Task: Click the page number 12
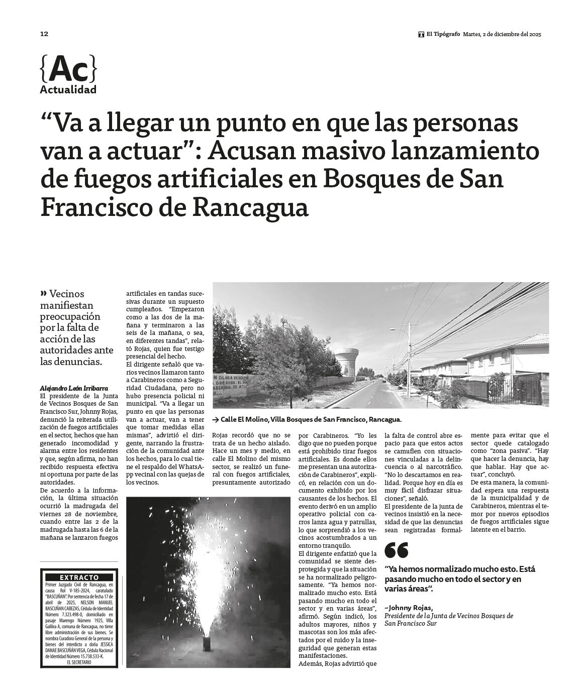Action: pos(44,34)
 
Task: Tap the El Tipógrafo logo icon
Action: pos(421,35)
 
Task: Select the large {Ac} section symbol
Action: pos(68,69)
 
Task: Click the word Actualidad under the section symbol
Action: pos(68,90)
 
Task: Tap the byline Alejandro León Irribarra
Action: pos(74,388)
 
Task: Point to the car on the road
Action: pos(385,381)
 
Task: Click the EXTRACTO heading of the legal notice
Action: pos(79,577)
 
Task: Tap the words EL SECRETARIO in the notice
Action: pos(79,662)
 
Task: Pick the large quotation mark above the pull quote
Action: pos(396,550)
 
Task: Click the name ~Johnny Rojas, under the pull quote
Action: pos(408,608)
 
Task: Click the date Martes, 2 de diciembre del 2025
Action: pos(502,35)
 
